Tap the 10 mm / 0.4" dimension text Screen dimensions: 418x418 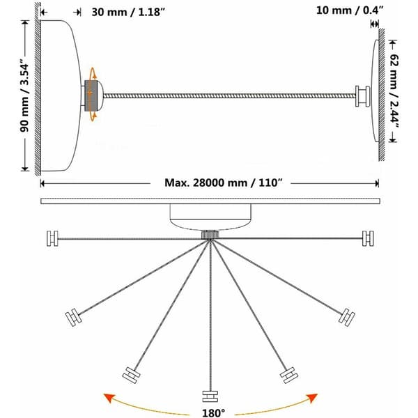(350, 10)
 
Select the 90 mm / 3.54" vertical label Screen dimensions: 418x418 (24, 98)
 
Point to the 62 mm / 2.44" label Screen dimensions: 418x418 (394, 91)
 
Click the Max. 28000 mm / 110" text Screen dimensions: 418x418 (223, 183)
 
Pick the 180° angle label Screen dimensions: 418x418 (213, 413)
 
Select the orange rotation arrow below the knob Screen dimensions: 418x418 (93, 116)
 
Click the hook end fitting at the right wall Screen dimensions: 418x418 (362, 96)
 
